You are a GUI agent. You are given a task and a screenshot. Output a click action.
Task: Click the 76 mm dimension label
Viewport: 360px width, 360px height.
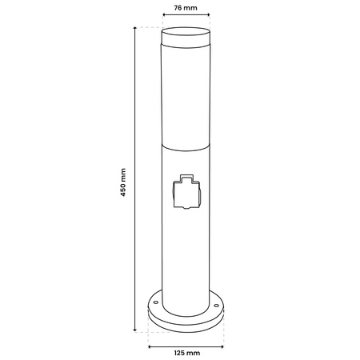[186, 9]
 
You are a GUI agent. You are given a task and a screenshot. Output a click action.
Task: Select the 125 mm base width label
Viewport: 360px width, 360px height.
[186, 352]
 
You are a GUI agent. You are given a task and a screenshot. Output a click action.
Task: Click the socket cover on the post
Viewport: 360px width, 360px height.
[186, 193]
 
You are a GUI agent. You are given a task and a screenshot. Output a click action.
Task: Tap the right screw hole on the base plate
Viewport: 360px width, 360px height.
[215, 305]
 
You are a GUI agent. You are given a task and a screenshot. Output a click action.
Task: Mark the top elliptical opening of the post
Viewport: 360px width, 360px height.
[186, 30]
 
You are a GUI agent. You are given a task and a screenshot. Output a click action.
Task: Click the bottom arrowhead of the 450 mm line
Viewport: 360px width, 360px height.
[134, 329]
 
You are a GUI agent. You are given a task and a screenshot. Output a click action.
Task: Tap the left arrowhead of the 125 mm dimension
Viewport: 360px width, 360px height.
[150, 345]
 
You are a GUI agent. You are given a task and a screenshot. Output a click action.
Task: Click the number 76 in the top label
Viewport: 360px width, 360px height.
[179, 9]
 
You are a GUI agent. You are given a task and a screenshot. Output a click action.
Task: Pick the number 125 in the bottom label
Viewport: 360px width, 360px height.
[178, 352]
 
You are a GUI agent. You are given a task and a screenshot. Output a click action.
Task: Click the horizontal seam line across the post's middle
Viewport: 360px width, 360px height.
[186, 147]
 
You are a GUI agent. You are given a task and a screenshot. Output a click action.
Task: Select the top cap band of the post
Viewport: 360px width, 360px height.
[186, 41]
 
